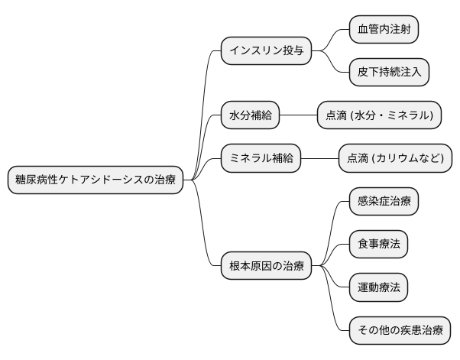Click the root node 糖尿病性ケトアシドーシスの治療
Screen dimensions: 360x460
pos(96,180)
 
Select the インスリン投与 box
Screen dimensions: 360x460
pos(267,51)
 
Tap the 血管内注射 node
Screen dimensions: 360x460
pos(384,30)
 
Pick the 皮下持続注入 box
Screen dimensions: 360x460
pos(389,73)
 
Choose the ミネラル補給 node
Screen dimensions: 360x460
pos(260,158)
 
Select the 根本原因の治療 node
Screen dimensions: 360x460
pos(267,266)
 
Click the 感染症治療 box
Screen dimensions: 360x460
pos(384,202)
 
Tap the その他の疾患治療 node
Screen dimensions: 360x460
pos(400,330)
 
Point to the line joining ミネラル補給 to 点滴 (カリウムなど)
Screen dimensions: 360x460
pos(319,158)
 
